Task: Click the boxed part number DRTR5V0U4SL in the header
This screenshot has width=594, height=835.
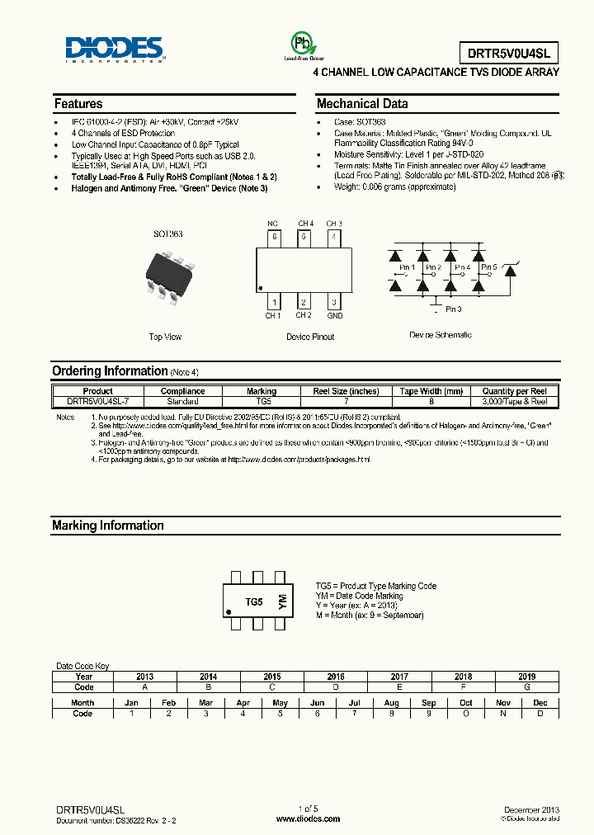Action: pos(513,54)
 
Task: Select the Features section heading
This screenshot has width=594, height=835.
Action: pos(78,104)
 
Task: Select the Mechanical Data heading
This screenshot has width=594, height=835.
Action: pos(362,104)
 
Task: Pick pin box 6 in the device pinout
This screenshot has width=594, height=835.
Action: pos(274,237)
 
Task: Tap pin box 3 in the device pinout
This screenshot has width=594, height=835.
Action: pos(333,303)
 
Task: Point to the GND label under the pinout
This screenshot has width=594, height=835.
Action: pos(334,316)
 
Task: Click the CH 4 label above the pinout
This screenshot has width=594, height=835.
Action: pos(305,224)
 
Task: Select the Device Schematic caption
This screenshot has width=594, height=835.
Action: pos(441,335)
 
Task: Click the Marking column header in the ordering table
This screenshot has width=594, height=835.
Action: pos(262,391)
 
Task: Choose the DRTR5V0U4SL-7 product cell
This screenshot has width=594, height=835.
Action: pos(98,401)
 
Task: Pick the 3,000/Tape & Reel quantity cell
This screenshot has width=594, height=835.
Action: pos(514,401)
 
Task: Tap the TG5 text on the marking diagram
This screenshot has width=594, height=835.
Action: pos(254,603)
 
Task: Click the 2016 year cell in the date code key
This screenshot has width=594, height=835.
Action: pos(336,677)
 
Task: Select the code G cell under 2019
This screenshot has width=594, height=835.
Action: pos(526,686)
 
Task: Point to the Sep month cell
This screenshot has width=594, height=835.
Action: pos(429,703)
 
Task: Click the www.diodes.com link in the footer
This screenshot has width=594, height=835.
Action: pos(307,818)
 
